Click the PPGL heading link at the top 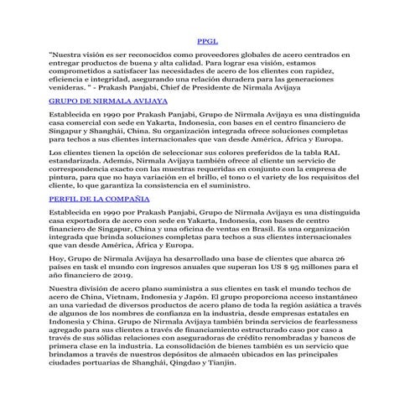(207, 40)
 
